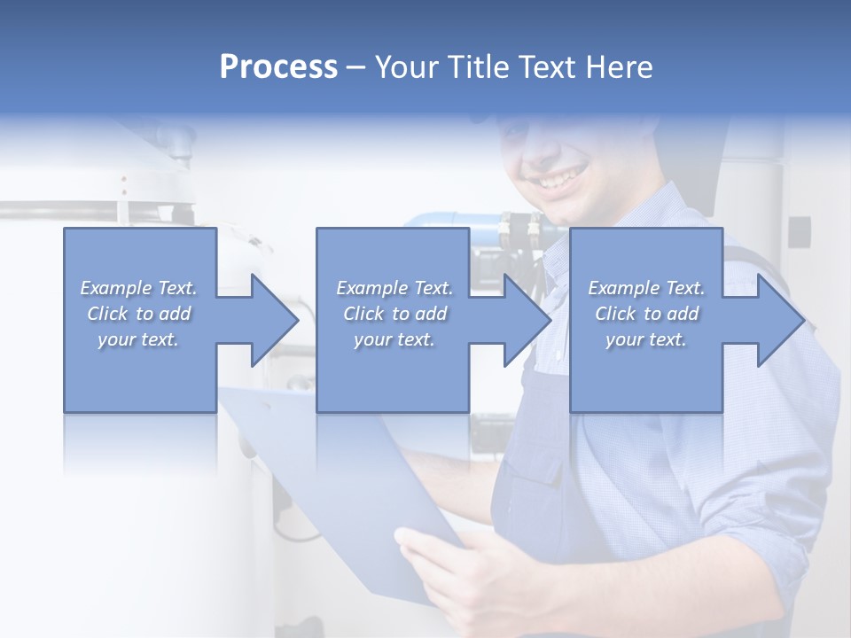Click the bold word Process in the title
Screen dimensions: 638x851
278,67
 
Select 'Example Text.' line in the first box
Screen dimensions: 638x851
138,288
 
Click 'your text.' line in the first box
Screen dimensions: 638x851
138,339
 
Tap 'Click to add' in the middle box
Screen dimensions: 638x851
394,314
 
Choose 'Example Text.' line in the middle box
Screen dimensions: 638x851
394,288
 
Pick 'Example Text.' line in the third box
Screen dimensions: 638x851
646,288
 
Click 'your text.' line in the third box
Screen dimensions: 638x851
646,339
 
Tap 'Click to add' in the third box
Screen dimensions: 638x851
646,314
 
